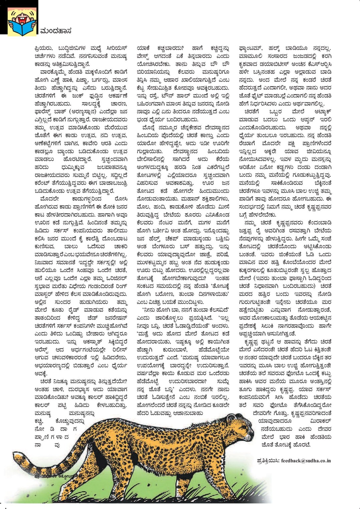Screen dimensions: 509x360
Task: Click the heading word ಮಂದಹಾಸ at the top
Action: click(x=55, y=31)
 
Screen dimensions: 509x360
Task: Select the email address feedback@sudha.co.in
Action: click(x=306, y=461)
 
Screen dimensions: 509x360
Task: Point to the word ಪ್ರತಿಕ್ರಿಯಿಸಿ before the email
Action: click(x=268, y=461)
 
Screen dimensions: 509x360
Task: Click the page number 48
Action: click(x=37, y=476)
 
